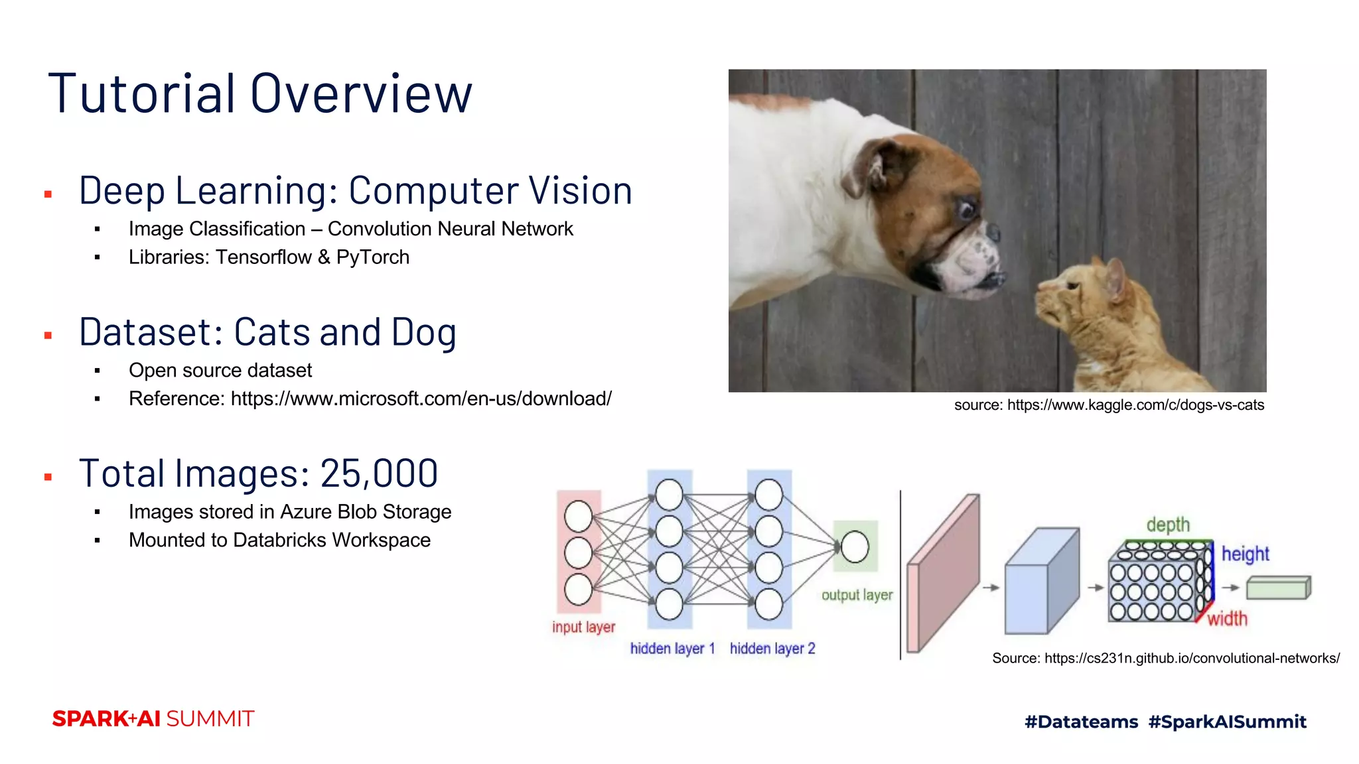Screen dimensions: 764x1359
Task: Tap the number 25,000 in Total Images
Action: tap(379, 474)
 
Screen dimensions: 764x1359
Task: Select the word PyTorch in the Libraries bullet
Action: tap(372, 257)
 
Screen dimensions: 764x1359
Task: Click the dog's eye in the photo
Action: tap(966, 210)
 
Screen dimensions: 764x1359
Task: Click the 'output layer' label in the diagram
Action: tap(857, 595)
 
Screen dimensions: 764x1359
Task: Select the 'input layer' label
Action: tap(583, 627)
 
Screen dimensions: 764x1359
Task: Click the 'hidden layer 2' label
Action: tap(772, 648)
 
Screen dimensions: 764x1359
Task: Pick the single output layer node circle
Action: tap(855, 547)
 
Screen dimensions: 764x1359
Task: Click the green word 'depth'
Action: tap(1168, 525)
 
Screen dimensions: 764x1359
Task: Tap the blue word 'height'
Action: tap(1245, 554)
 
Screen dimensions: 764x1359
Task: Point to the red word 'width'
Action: tap(1227, 619)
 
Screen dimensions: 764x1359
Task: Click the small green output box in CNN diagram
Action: tap(1278, 588)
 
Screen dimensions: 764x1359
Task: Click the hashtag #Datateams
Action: tap(1081, 722)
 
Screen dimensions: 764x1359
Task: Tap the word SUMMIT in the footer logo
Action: tap(210, 719)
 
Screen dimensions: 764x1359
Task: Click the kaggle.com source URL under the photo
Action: tap(1135, 405)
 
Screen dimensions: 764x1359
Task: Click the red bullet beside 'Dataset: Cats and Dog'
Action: tap(48, 336)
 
